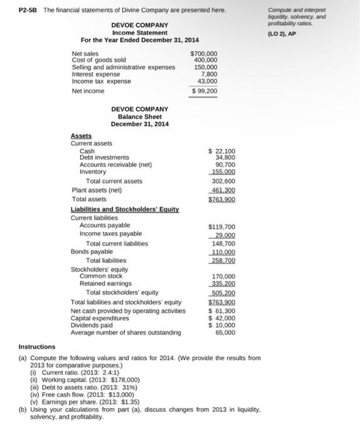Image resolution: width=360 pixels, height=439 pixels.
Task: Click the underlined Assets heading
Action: click(x=81, y=135)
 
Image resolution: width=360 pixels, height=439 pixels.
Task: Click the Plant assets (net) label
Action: click(x=97, y=190)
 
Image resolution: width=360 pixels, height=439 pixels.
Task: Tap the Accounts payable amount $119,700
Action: click(x=221, y=226)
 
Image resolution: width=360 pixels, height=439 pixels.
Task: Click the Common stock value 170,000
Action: click(x=223, y=276)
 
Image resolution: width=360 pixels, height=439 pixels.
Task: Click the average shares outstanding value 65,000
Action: click(x=225, y=332)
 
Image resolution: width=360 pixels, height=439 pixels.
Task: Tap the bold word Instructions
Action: click(x=37, y=347)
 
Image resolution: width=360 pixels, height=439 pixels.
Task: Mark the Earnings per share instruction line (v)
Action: click(x=86, y=402)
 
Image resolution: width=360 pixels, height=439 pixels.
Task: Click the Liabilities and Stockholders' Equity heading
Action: click(x=125, y=208)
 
